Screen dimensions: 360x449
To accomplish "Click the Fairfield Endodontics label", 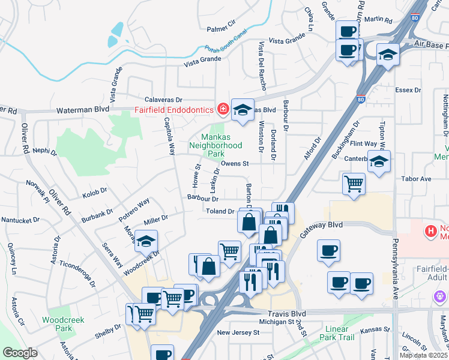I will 174,110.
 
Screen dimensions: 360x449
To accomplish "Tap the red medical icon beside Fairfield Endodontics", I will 223,109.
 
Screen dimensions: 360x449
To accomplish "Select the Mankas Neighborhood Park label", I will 215,146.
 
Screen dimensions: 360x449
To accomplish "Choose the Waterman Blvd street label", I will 82,110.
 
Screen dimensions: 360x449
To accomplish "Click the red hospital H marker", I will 430,230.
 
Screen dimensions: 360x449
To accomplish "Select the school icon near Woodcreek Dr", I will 146,241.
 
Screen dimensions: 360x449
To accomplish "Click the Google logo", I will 20,353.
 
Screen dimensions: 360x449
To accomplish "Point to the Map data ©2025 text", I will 424,355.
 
